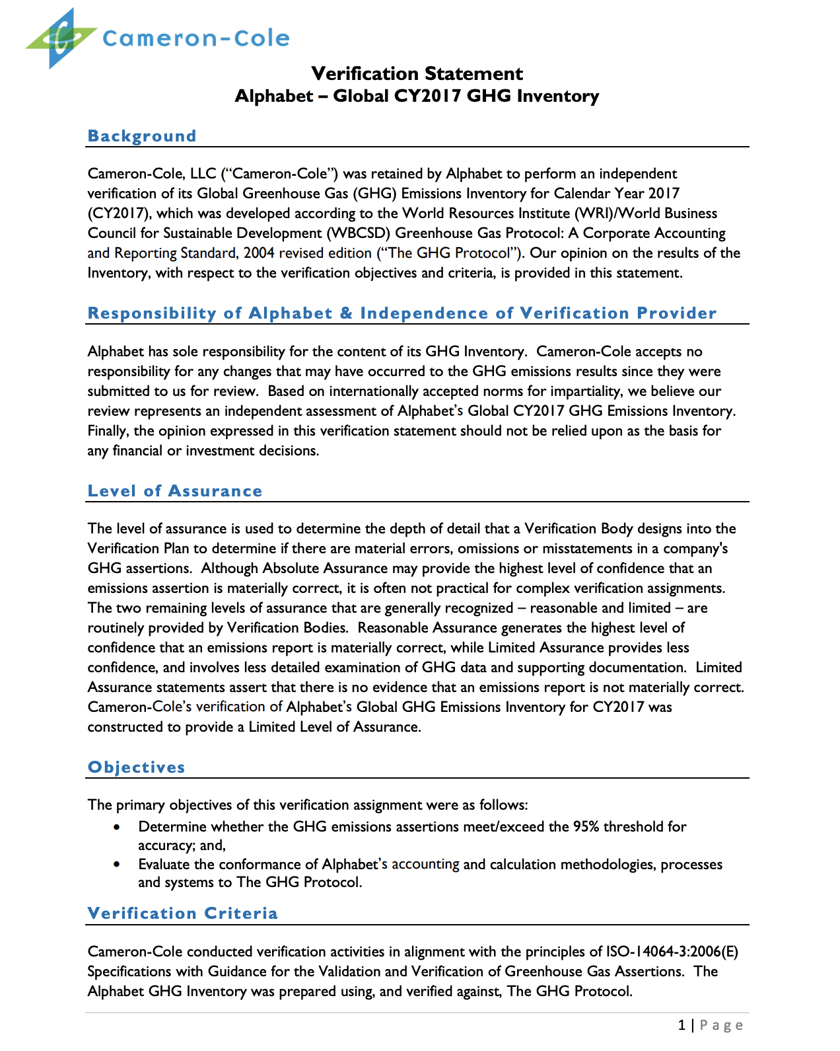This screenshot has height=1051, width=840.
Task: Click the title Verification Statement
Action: (417, 73)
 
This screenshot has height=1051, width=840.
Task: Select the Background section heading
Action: (142, 136)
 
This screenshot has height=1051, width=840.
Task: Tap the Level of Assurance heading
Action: (175, 491)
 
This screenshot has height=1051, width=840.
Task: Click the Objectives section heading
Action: (137, 767)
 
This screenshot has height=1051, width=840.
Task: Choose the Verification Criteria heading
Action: (183, 914)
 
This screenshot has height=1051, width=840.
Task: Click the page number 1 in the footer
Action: (682, 1025)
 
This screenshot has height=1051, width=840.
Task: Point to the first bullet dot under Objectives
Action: (117, 827)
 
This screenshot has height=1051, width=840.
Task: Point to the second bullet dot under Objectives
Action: (117, 865)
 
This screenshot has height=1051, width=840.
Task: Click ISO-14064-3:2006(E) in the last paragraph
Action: (672, 952)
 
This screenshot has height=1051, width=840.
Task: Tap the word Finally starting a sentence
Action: (108, 431)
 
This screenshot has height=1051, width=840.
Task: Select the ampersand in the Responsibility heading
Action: (346, 313)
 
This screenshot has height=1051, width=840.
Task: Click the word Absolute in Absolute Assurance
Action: (290, 568)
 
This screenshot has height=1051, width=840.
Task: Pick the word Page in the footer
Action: (721, 1025)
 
